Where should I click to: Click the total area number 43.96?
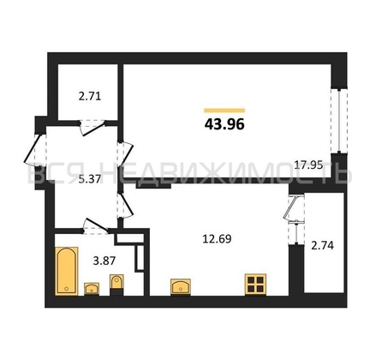pos(224,125)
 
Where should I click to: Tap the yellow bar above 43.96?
pos(224,109)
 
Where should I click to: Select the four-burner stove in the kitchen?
pos(255,285)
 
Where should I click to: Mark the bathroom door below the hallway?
pos(94,225)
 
